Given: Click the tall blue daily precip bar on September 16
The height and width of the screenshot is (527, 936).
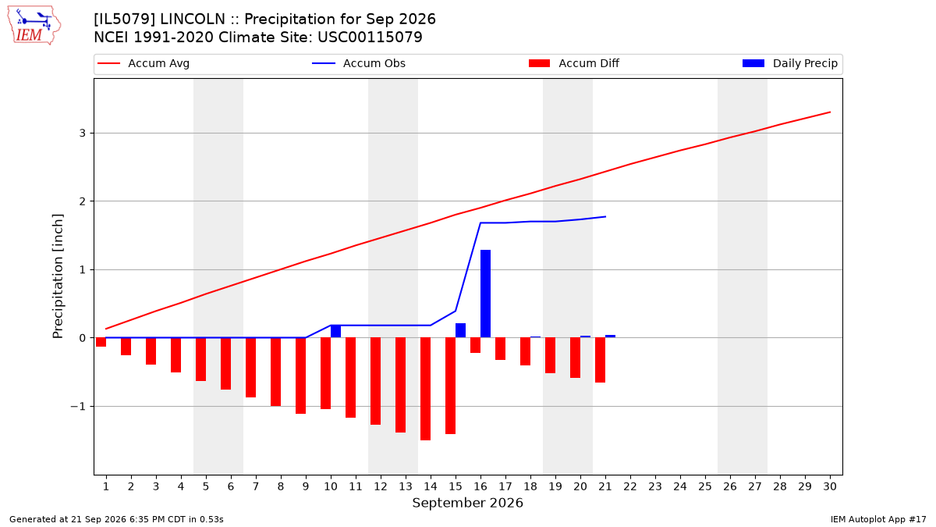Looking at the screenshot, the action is pos(485,294).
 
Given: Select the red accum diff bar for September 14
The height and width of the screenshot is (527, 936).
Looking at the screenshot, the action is pos(425,389).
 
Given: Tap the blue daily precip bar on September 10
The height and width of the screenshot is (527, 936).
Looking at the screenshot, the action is pos(335,331).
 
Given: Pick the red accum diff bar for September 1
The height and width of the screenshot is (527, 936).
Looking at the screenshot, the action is pos(101,342).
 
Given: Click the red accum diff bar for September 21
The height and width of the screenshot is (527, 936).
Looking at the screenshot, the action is pos(600,360).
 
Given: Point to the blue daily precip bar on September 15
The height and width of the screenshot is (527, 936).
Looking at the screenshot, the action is pos(460,330).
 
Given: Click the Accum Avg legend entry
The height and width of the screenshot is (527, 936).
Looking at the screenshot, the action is pos(144,63).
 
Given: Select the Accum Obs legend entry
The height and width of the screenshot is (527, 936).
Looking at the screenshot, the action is pos(359,63).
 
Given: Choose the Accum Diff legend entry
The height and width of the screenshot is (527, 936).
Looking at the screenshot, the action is pos(574,63).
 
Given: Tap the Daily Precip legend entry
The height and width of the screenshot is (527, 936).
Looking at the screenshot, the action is pos(789,63).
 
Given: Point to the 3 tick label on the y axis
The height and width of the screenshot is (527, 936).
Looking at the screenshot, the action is pos(83,133).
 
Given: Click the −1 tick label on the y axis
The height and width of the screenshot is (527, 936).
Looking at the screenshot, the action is pos(78,407).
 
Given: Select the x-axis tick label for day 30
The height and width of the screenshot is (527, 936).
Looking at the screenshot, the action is pos(830,486).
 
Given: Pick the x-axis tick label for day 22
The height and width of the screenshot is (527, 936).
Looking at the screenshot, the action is pos(630,486).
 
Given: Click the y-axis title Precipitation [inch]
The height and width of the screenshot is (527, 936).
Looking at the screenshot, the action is pos(58,276).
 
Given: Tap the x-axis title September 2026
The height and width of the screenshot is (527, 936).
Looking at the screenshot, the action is pos(467,503).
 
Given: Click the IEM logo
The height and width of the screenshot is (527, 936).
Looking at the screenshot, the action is pos(34,26).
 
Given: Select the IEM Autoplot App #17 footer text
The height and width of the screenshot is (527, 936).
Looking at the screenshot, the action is pos(878,519).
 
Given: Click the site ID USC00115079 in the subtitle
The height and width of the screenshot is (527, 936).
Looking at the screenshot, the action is pos(370,37).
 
